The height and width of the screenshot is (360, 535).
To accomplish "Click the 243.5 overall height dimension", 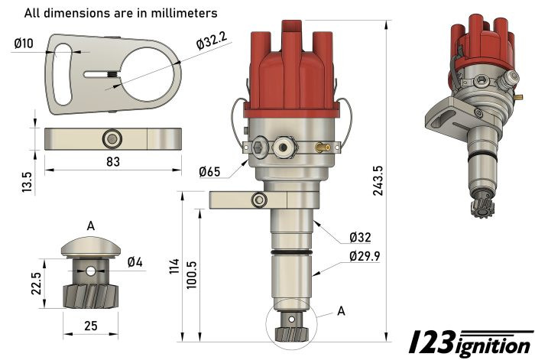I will (378, 180).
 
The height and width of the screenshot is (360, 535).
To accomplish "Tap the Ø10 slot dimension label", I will (24, 44).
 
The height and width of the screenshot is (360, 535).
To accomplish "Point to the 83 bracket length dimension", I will (112, 162).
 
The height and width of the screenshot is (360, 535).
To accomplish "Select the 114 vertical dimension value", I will (173, 267).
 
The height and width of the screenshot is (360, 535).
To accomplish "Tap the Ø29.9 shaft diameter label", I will (364, 256).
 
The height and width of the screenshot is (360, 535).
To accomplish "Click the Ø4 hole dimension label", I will (135, 262).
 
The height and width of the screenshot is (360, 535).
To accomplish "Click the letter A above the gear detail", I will (91, 225).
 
